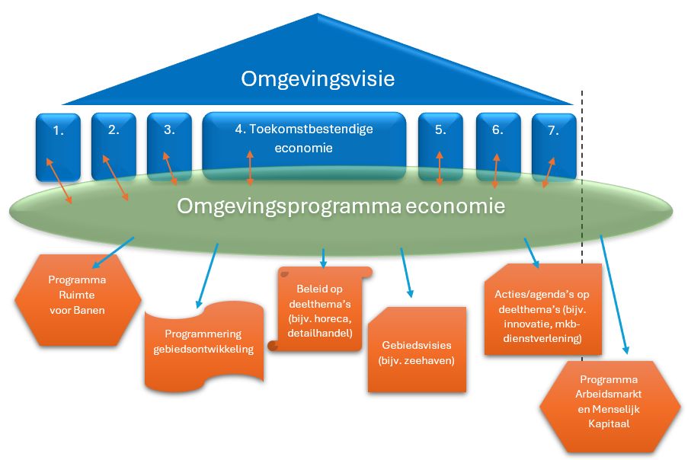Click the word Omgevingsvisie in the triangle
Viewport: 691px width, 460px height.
click(318, 78)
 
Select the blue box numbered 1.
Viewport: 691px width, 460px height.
click(59, 137)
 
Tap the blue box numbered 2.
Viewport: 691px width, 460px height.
click(114, 137)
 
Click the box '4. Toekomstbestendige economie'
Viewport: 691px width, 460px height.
click(303, 139)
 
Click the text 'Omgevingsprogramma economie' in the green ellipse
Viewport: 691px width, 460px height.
click(341, 206)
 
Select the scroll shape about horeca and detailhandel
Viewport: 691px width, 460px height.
click(323, 311)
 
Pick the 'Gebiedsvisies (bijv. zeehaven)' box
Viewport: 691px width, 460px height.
click(416, 351)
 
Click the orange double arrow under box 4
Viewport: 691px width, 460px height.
click(251, 168)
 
